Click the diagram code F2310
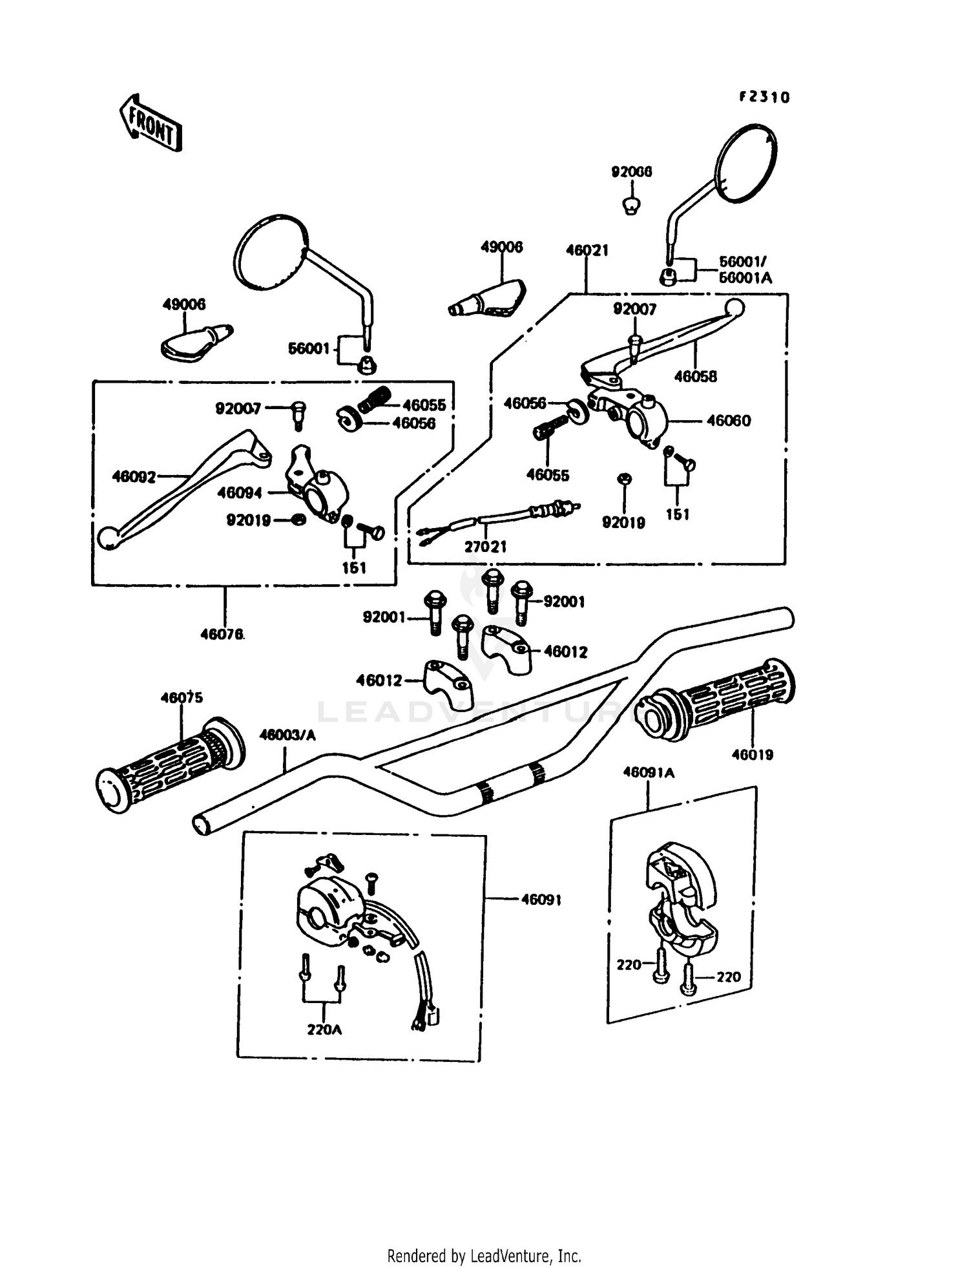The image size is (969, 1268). (764, 97)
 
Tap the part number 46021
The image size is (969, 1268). (587, 250)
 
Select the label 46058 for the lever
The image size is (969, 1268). (695, 376)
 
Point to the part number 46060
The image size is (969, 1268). (729, 421)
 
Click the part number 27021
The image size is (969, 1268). (486, 547)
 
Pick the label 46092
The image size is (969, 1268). (134, 477)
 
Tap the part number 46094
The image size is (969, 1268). (240, 492)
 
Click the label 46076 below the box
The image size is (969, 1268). (222, 635)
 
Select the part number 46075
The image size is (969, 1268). (182, 697)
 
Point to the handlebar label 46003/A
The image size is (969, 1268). (287, 735)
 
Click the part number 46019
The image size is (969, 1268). (753, 754)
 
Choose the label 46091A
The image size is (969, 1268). (649, 772)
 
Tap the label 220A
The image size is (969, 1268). (324, 1030)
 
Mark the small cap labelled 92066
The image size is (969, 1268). (631, 206)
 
